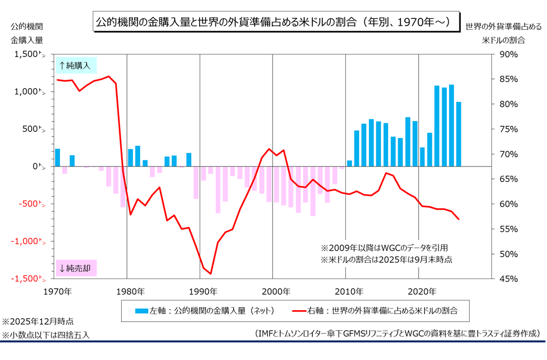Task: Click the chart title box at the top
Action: pyautogui.click(x=273, y=22)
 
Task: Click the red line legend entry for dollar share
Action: pyautogui.click(x=375, y=311)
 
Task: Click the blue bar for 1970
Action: pyautogui.click(x=57, y=157)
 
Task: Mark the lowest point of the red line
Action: pyautogui.click(x=210, y=273)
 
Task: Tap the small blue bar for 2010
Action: pyautogui.click(x=349, y=163)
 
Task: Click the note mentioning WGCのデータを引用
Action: pyautogui.click(x=385, y=248)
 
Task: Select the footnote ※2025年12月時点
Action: pyautogui.click(x=38, y=322)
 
